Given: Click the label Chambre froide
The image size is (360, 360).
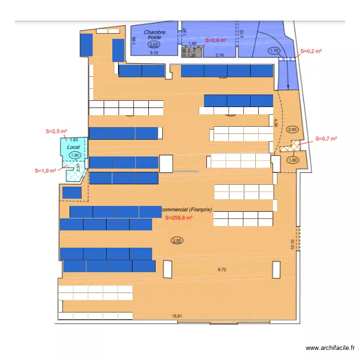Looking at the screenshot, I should coord(154,35).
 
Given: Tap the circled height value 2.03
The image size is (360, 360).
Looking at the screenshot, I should coord(154,45).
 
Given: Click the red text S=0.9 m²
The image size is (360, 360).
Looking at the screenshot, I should coord(216,40).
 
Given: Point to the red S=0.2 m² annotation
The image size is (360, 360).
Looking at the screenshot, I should coord(311,50).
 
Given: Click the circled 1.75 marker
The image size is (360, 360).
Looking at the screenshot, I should coord(274,51).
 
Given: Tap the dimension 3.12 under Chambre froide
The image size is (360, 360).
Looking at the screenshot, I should coord(154,53).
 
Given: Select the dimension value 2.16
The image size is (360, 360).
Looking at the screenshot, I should coord(219,55).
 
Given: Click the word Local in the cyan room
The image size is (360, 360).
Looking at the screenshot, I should coord(73,147).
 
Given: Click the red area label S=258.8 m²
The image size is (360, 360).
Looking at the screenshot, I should coord(179,217).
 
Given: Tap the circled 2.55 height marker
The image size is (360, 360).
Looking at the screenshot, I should coord(177,240).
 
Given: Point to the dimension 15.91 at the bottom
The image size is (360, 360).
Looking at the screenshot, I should coord(177,316).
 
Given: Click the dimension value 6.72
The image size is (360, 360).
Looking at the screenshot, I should coord(222,270).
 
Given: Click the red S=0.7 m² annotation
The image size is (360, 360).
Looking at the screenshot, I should coord(326,139).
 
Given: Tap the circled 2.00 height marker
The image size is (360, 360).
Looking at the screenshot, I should coord(292,130).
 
